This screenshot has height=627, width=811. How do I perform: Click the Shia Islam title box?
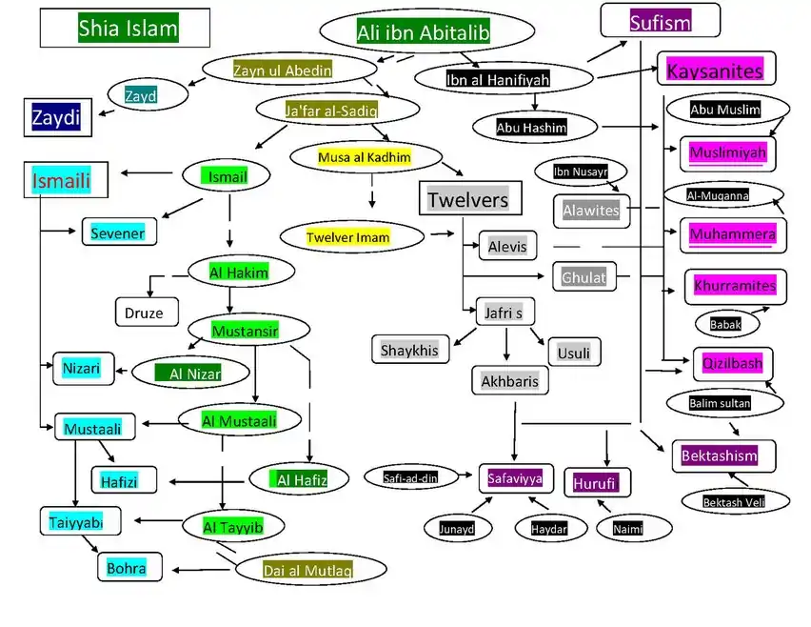click(125, 28)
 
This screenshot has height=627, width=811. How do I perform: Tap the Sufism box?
click(659, 21)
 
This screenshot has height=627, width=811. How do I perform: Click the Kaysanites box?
click(715, 70)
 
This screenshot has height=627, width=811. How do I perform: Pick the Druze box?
click(145, 312)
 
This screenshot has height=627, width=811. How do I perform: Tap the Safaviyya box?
click(515, 478)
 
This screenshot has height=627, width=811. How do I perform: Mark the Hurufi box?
click(596, 483)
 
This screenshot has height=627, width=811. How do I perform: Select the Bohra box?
click(128, 568)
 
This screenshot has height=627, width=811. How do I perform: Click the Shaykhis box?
click(409, 350)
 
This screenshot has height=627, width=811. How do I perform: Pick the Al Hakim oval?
click(238, 273)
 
